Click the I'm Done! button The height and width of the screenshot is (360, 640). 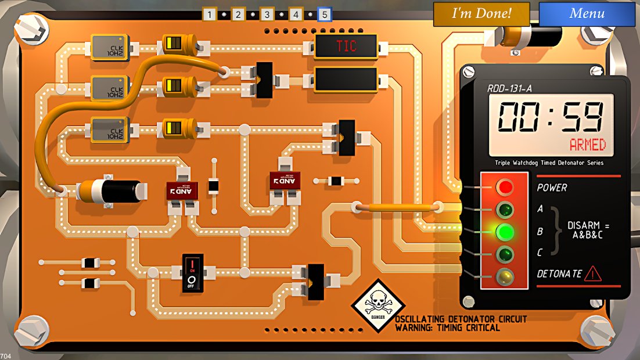pyautogui.click(x=481, y=14)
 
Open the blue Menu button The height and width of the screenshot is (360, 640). pyautogui.click(x=587, y=14)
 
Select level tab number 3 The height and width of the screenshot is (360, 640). pyautogui.click(x=267, y=15)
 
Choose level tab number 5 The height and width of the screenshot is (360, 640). pyautogui.click(x=324, y=15)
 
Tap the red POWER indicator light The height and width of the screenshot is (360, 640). pyautogui.click(x=504, y=187)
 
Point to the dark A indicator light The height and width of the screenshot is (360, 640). pyautogui.click(x=504, y=209)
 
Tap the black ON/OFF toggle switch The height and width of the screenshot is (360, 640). pyautogui.click(x=193, y=272)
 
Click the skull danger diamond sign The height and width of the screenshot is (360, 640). pyautogui.click(x=378, y=305)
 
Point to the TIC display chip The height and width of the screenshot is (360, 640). pyautogui.click(x=346, y=46)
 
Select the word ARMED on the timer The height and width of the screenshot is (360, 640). pyautogui.click(x=587, y=145)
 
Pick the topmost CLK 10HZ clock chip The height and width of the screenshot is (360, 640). pyautogui.click(x=109, y=47)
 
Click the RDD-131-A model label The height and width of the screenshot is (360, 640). pyautogui.click(x=509, y=89)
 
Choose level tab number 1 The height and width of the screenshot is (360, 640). pyautogui.click(x=209, y=15)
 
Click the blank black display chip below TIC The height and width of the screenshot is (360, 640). pyautogui.click(x=346, y=79)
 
